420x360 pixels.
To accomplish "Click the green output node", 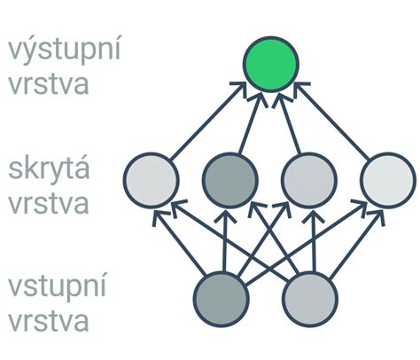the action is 271,64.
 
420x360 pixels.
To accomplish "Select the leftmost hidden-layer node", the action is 151,180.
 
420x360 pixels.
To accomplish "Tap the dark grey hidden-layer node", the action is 230,180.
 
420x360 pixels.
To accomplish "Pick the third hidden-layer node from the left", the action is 309,180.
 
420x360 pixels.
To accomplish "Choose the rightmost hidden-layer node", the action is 388,180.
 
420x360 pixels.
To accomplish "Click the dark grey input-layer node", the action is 222,299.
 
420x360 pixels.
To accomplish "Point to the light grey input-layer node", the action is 310,299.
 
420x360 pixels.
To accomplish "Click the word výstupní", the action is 65,51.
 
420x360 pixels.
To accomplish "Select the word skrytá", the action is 49,168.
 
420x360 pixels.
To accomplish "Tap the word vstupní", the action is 57,287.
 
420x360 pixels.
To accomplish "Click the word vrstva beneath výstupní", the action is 49,84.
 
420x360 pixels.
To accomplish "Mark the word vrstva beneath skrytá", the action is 49,203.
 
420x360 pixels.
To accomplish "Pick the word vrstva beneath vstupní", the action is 49,321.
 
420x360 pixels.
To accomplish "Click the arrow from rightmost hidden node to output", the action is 331,121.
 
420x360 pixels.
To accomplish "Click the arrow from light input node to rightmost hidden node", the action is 357,245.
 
